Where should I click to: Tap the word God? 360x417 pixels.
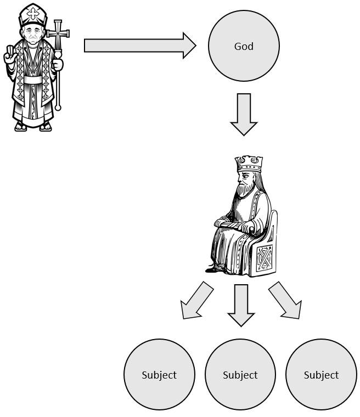click(x=244, y=47)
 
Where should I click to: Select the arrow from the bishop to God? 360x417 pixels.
click(x=140, y=46)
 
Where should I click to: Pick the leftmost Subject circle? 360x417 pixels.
click(x=159, y=375)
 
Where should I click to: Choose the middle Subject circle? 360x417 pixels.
click(x=240, y=375)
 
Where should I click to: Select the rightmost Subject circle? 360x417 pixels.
click(x=321, y=375)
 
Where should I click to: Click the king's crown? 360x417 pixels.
click(x=249, y=164)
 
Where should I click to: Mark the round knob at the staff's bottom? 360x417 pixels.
click(x=58, y=106)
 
